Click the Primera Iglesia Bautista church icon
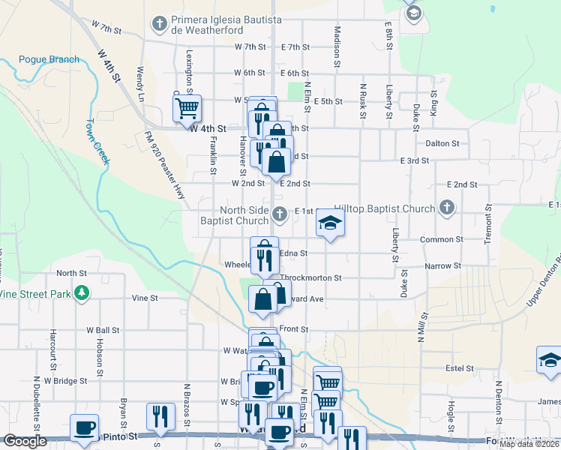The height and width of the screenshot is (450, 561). pyautogui.click(x=159, y=24)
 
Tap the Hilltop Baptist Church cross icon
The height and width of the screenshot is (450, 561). pyautogui.click(x=447, y=208)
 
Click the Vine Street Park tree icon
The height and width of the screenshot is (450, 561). pyautogui.click(x=82, y=293)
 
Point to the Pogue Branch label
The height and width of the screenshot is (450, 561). pyautogui.click(x=49, y=59)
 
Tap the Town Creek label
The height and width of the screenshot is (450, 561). pyautogui.click(x=97, y=141)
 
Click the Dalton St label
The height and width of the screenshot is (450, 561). pyautogui.click(x=442, y=143)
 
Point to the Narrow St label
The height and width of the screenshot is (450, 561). pyautogui.click(x=442, y=265)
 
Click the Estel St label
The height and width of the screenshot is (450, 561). pyautogui.click(x=459, y=368)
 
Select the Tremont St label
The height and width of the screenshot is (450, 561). pyautogui.click(x=488, y=223)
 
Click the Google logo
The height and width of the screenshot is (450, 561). pyautogui.click(x=25, y=441)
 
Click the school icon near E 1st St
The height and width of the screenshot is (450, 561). pyautogui.click(x=328, y=223)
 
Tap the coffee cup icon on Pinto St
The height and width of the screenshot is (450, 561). pyautogui.click(x=84, y=428)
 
